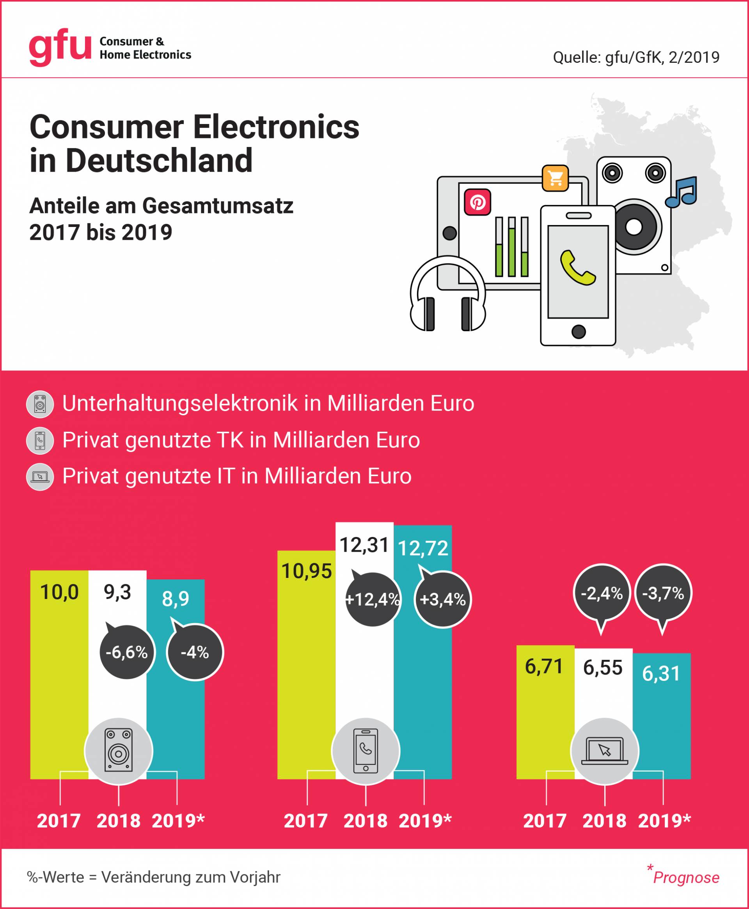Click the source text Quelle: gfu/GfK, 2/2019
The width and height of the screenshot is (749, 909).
click(x=636, y=57)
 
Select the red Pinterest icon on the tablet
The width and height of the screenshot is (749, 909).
click(x=477, y=202)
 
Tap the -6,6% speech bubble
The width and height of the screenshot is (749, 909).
click(x=126, y=652)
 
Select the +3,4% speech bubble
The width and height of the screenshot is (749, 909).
click(x=443, y=600)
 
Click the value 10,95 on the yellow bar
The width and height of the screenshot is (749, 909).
click(x=306, y=571)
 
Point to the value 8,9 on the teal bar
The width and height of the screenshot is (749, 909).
click(x=176, y=599)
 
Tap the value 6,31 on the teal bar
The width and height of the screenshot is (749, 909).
click(x=661, y=673)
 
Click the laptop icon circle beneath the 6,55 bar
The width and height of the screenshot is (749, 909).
click(x=604, y=751)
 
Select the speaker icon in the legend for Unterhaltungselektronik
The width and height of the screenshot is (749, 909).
click(x=40, y=404)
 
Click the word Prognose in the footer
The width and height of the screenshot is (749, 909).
click(x=686, y=877)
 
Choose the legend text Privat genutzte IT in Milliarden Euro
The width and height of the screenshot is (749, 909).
click(x=237, y=477)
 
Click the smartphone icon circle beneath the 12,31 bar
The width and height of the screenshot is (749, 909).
click(x=366, y=751)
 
